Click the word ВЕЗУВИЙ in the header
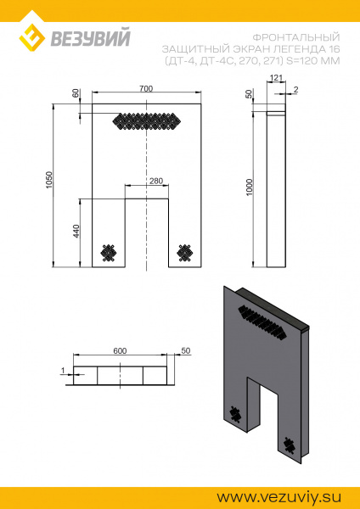coord(80,36)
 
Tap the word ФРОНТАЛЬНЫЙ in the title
coord(297,37)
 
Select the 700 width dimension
coord(147,88)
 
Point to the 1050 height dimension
coord(50,182)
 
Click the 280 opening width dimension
coord(155,181)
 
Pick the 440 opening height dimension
coord(76,231)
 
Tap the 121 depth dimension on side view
coord(274,78)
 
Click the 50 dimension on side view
coord(250,93)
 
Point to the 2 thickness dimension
coord(296,89)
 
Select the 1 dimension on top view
coord(64,370)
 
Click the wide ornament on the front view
coord(147,120)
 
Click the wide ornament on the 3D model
coord(262,320)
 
